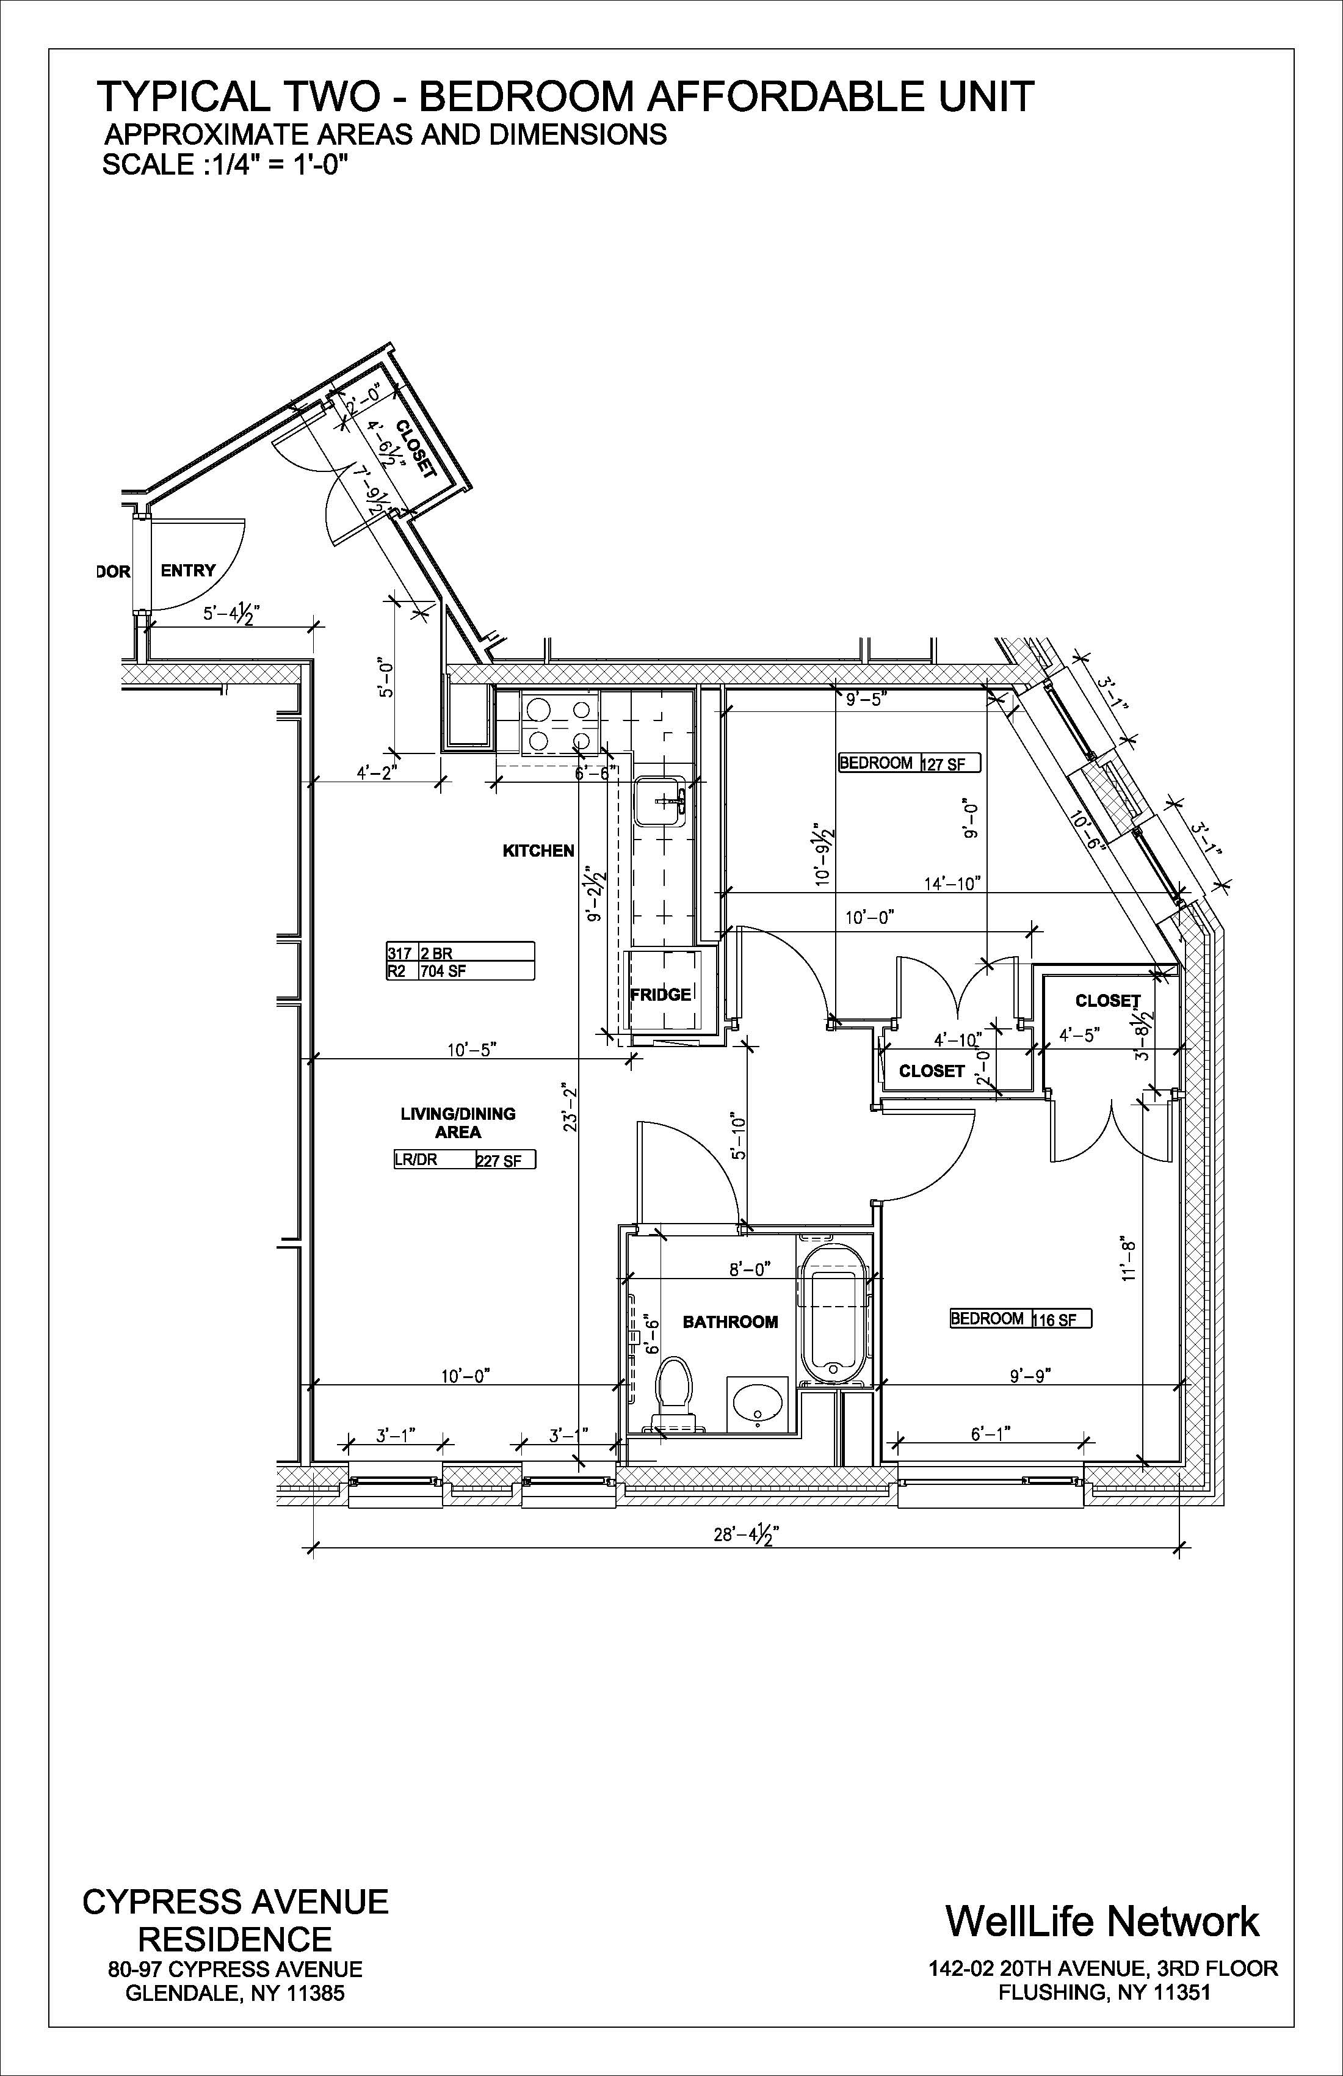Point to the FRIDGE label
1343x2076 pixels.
click(660, 995)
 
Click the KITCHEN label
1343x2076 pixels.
click(538, 851)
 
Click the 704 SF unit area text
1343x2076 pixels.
click(445, 971)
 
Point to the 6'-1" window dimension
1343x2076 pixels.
click(991, 1433)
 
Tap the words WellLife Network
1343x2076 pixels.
click(1102, 1921)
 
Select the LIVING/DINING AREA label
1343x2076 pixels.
click(458, 1123)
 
